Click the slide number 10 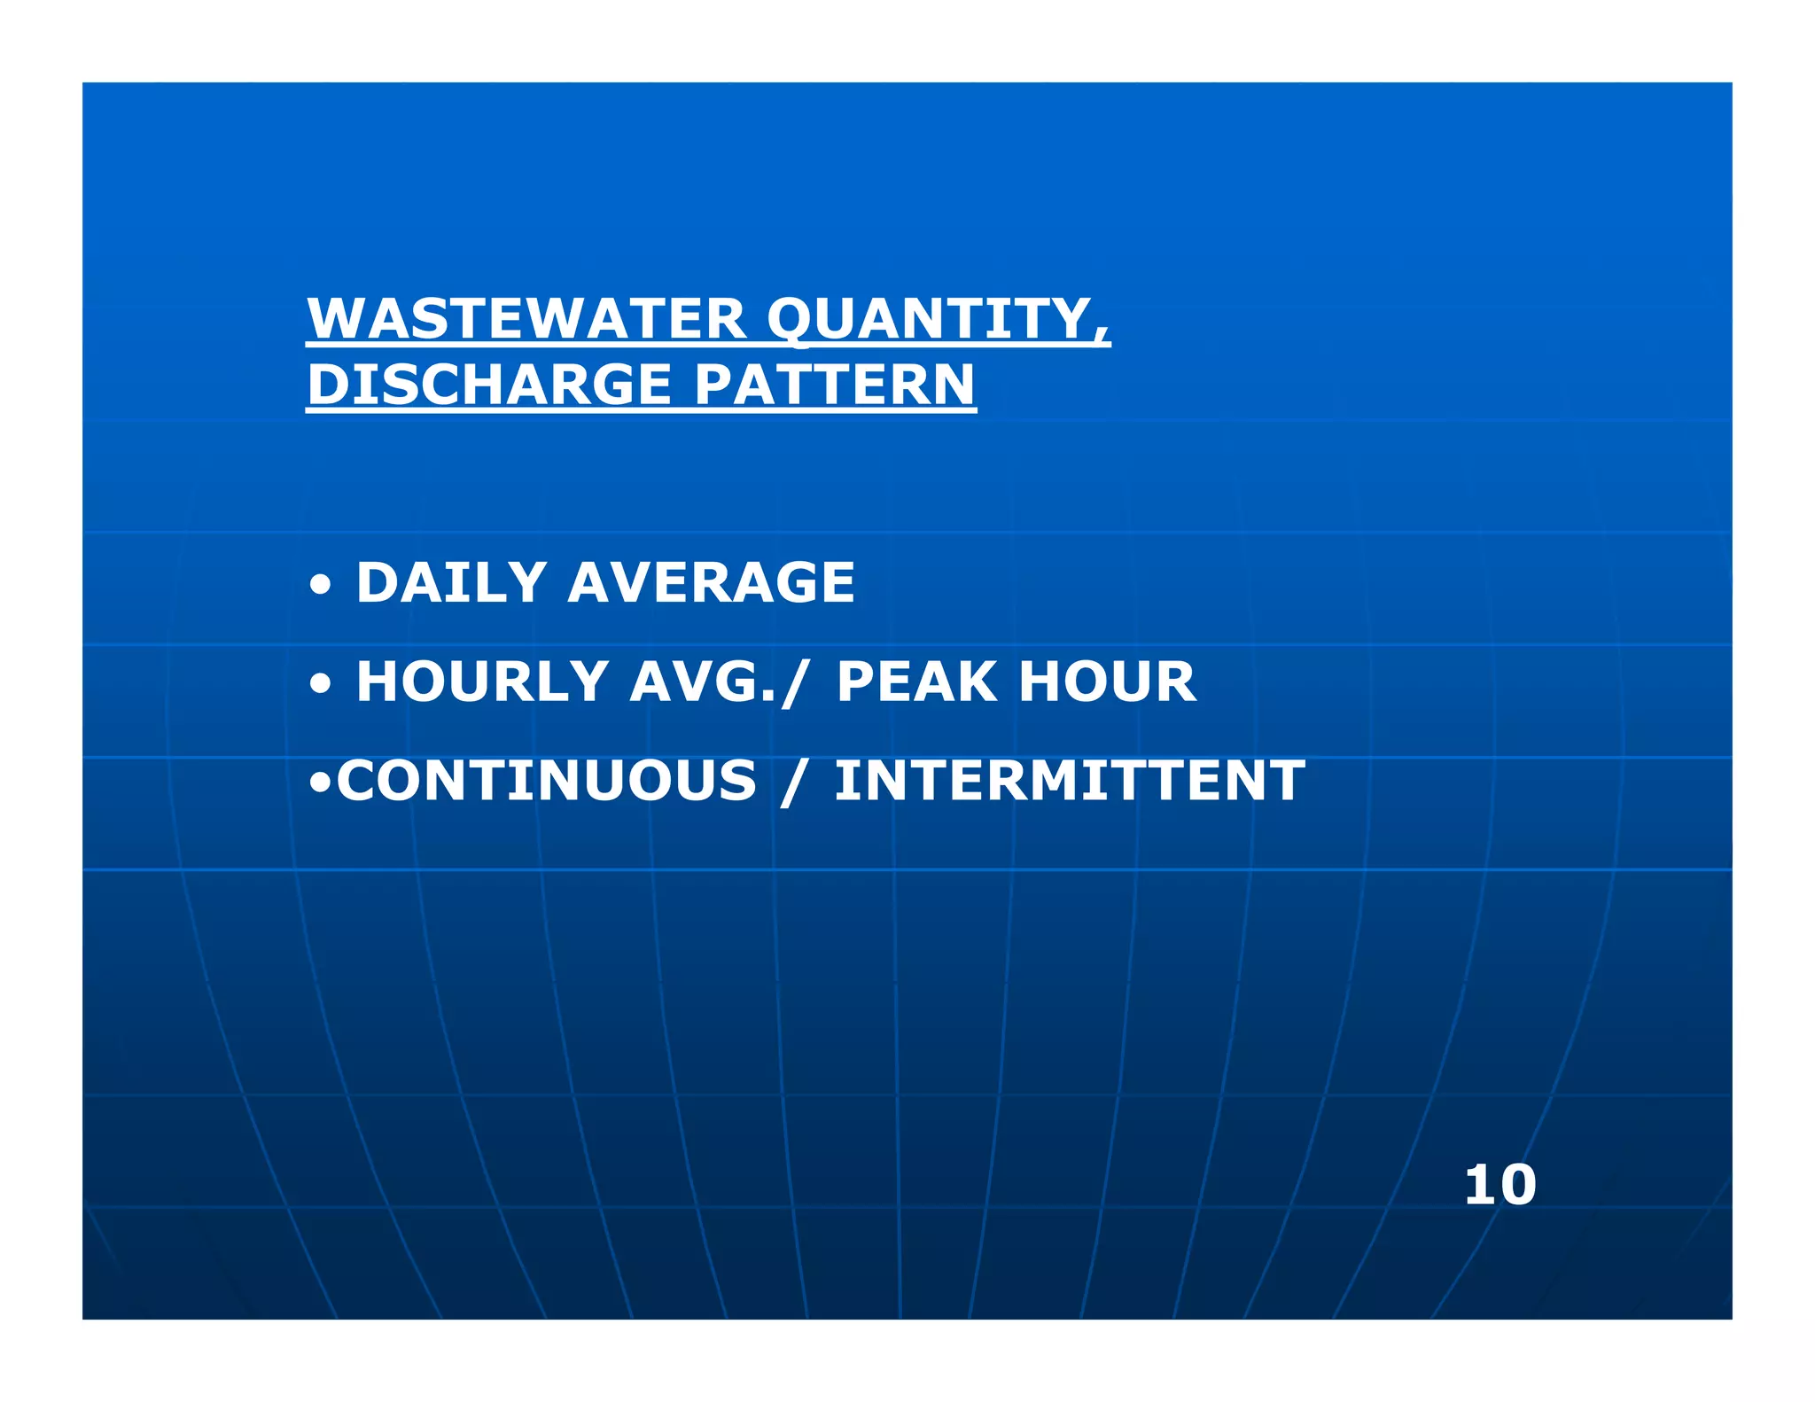1500,1185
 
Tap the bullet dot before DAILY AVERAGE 321,586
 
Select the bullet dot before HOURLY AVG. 321,684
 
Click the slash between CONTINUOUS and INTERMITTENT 794,783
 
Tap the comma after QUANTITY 1102,335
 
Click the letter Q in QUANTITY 794,319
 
